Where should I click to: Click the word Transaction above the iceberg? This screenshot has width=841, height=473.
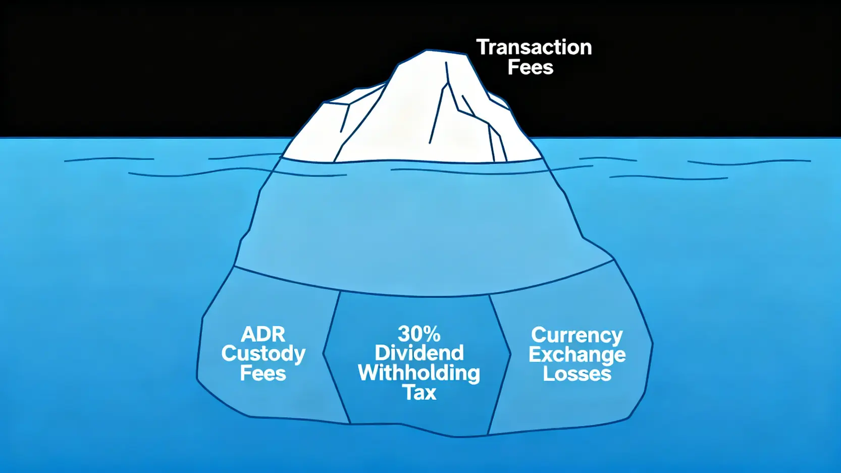point(534,47)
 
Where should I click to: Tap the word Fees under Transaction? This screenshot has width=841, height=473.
point(530,68)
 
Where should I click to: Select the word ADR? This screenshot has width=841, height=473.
point(263,334)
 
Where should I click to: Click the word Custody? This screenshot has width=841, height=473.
point(263,353)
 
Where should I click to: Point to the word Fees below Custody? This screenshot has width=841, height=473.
point(263,374)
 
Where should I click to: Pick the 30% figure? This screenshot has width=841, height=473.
point(419,334)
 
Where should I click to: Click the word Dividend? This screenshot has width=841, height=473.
point(419,353)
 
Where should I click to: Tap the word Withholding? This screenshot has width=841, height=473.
point(419,373)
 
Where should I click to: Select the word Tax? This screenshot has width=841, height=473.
point(419,393)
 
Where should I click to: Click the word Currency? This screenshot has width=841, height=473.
point(577,335)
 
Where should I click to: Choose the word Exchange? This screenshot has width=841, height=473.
point(577,354)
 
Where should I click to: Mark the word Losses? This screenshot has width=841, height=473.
point(577,374)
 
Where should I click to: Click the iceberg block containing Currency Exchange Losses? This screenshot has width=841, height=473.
point(575,404)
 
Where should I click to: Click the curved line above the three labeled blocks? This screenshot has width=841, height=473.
point(424,295)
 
